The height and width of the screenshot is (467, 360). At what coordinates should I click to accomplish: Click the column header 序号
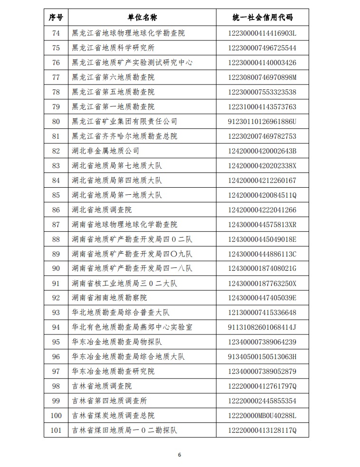[56, 18]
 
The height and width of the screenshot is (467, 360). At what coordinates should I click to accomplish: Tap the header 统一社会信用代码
[262, 18]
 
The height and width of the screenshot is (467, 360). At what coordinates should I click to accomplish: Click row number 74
[56, 33]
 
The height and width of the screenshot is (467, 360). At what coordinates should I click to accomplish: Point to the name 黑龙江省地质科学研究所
[113, 48]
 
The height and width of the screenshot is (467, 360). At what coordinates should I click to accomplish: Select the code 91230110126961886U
[262, 122]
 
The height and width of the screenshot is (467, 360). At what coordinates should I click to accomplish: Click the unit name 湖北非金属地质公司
[105, 151]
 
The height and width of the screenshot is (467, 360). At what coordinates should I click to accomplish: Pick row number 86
[56, 210]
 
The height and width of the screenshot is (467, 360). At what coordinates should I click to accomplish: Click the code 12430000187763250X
[262, 284]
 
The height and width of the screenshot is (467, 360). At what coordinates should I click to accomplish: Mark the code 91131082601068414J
[262, 327]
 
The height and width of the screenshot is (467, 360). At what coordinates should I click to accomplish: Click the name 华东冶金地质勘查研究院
[113, 372]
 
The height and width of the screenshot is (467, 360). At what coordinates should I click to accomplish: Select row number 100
[56, 416]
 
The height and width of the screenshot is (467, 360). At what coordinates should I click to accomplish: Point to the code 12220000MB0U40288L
[262, 416]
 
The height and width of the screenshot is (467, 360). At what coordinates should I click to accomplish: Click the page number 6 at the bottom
[180, 455]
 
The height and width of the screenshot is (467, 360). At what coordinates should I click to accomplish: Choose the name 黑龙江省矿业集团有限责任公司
[124, 122]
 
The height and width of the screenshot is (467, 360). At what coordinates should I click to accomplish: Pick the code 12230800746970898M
[262, 77]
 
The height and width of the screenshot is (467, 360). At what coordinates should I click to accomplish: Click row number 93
[56, 313]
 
